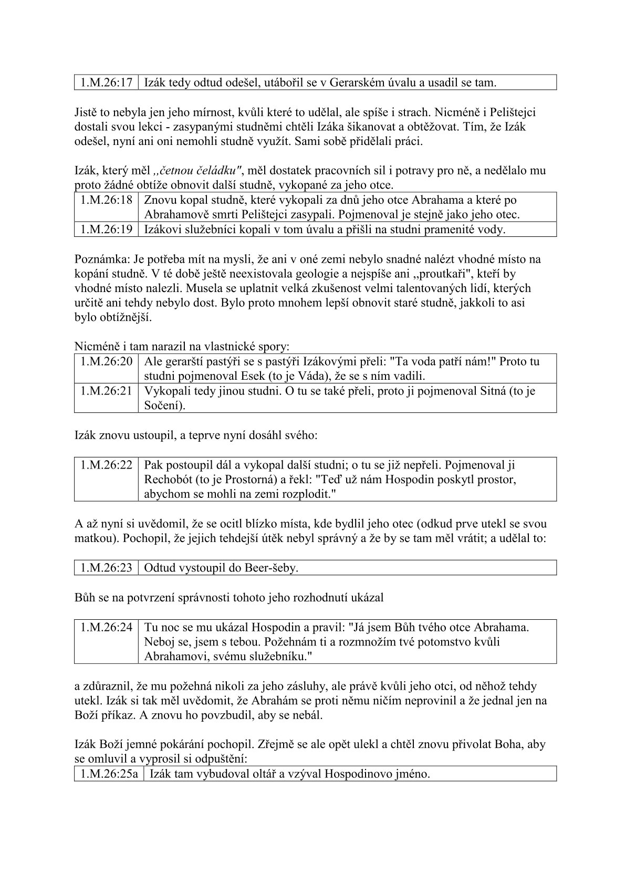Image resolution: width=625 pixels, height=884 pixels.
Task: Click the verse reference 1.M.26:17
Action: click(106, 82)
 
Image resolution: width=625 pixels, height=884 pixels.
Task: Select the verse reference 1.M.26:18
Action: click(106, 200)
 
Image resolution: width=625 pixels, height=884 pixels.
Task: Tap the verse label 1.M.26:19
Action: click(106, 230)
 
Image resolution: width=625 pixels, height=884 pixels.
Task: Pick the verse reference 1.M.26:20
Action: click(106, 361)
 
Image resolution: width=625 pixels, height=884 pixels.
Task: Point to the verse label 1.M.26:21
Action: click(106, 391)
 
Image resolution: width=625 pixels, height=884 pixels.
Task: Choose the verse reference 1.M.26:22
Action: click(106, 465)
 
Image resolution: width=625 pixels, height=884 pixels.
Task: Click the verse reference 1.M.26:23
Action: click(106, 568)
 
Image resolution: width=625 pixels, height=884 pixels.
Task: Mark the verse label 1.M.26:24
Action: click(106, 627)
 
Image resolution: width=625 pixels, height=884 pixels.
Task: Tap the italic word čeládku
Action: click(218, 170)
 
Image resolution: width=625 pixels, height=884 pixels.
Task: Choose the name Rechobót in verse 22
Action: click(170, 480)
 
